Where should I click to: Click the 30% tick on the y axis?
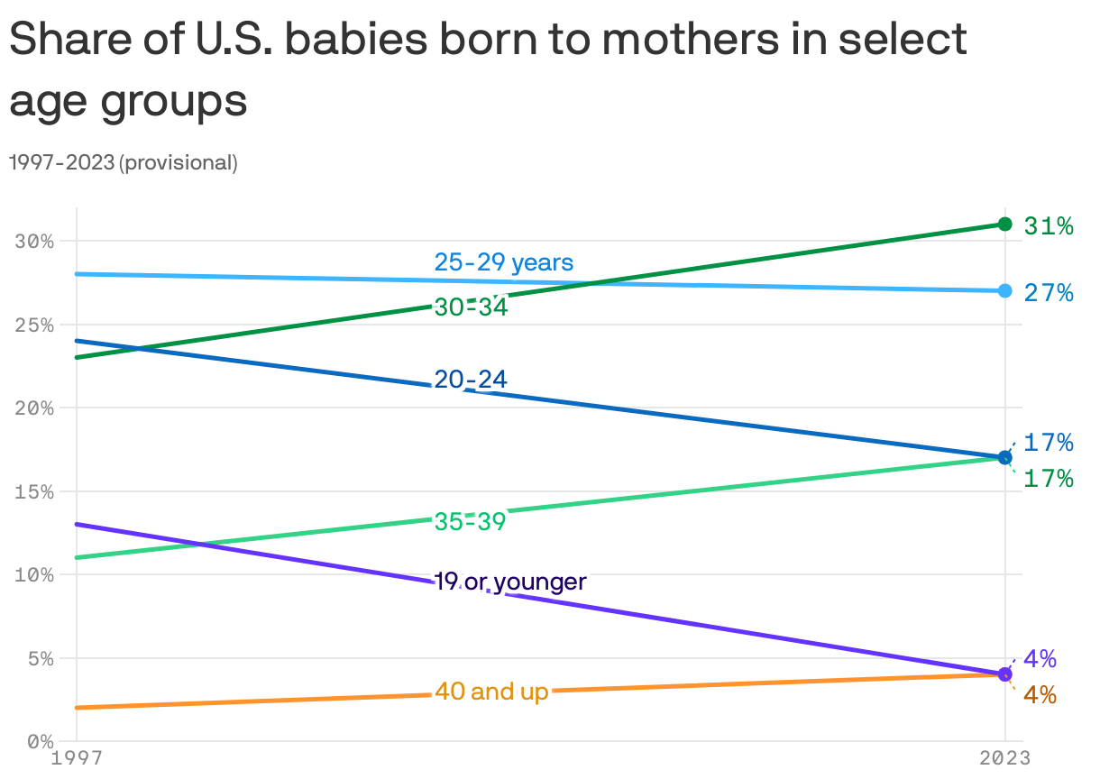click(x=35, y=242)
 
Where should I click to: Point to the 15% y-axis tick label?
click(x=35, y=492)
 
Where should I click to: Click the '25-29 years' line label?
click(x=503, y=262)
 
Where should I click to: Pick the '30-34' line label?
click(x=471, y=307)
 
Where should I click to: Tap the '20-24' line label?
click(x=470, y=380)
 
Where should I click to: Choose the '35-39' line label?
click(x=470, y=521)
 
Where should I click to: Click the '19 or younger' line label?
click(x=509, y=582)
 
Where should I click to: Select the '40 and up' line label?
click(x=491, y=692)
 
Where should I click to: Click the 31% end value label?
click(x=1048, y=225)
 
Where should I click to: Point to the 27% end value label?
click(x=1048, y=292)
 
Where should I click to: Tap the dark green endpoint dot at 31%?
click(x=1005, y=224)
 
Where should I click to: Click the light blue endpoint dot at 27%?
click(x=1005, y=290)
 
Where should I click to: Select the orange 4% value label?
click(x=1040, y=695)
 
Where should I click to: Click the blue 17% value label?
click(x=1048, y=442)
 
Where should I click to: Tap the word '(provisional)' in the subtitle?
click(x=178, y=163)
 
